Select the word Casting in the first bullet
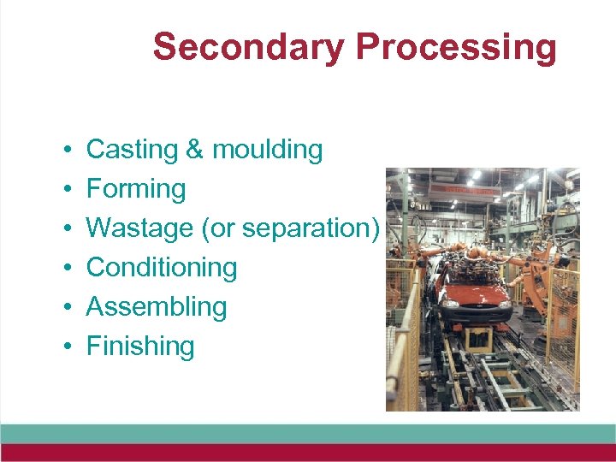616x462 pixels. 132,150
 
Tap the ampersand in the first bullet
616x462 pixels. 194,150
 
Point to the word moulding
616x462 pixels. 267,150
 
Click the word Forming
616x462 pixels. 136,189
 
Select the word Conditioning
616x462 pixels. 162,268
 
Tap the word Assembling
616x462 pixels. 157,307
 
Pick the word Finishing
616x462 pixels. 140,346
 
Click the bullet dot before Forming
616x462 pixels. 66,189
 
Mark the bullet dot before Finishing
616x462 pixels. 66,346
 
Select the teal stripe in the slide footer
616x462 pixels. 308,433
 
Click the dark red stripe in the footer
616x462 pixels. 308,453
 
